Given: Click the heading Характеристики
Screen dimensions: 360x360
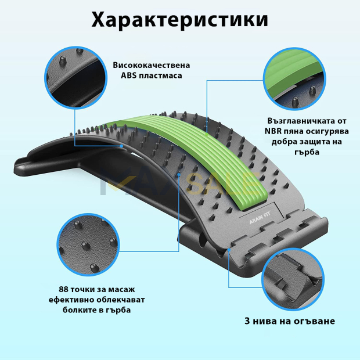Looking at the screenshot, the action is tap(179, 20).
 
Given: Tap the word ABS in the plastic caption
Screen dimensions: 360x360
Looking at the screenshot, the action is tap(128, 75).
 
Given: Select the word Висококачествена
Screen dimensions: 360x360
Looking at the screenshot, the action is tap(152, 65).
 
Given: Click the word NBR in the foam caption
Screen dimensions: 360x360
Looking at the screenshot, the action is tap(273, 131).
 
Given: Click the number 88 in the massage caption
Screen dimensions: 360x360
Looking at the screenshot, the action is tap(63, 289).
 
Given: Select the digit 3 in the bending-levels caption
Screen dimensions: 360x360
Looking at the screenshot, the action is tap(247, 321).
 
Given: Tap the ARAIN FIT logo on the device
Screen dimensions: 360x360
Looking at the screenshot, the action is tap(260, 218).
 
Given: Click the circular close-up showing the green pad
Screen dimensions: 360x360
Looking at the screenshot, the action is tap(294, 79).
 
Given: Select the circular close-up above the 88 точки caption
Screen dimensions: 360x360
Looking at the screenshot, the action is tap(88, 244).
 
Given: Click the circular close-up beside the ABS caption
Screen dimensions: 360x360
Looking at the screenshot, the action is tap(75, 77).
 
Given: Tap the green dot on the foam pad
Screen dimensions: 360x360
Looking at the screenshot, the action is tap(207, 135).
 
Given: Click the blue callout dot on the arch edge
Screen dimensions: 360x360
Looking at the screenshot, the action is tap(121, 146).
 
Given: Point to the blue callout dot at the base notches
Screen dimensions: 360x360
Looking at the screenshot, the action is tap(229, 249).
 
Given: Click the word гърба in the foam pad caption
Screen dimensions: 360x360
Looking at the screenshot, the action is tap(307, 152).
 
